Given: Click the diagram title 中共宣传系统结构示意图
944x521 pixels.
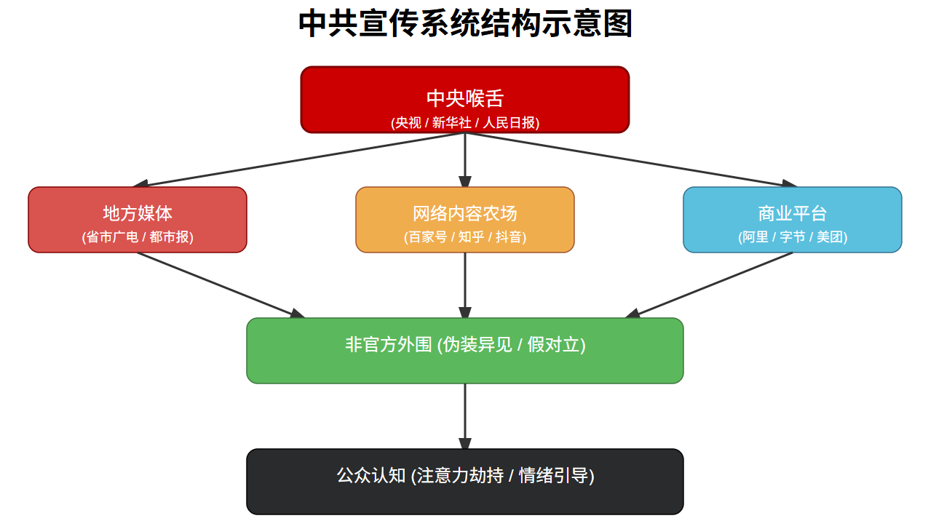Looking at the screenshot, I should tap(465, 23).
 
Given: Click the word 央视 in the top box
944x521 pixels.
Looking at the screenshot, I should tap(408, 123).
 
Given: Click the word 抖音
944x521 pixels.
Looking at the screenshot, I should tap(509, 237).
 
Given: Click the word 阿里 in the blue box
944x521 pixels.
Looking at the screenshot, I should tap(754, 237).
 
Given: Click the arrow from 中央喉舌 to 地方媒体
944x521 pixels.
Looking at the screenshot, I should tap(298, 160).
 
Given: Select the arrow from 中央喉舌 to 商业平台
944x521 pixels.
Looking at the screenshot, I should tap(632, 160).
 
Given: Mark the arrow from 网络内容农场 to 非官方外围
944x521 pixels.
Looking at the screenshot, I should tap(465, 285).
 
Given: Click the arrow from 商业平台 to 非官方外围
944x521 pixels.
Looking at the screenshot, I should tap(710, 285).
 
